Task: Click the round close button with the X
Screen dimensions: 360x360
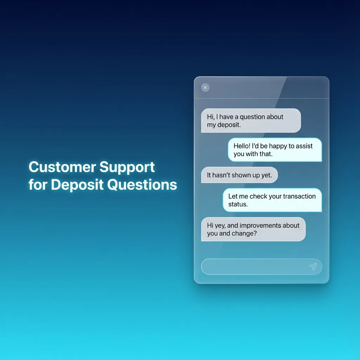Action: [205, 88]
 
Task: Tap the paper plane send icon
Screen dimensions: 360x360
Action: [313, 266]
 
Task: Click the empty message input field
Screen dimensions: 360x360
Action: [253, 266]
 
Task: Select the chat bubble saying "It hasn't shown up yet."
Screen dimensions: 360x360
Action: [239, 175]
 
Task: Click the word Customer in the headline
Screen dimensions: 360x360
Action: [62, 167]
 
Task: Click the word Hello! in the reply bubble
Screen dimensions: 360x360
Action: [242, 146]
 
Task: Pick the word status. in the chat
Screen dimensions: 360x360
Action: [238, 204]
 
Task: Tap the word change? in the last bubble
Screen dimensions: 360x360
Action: [244, 233]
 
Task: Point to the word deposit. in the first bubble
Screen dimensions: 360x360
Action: [229, 125]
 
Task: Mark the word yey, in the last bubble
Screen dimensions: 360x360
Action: [219, 226]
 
